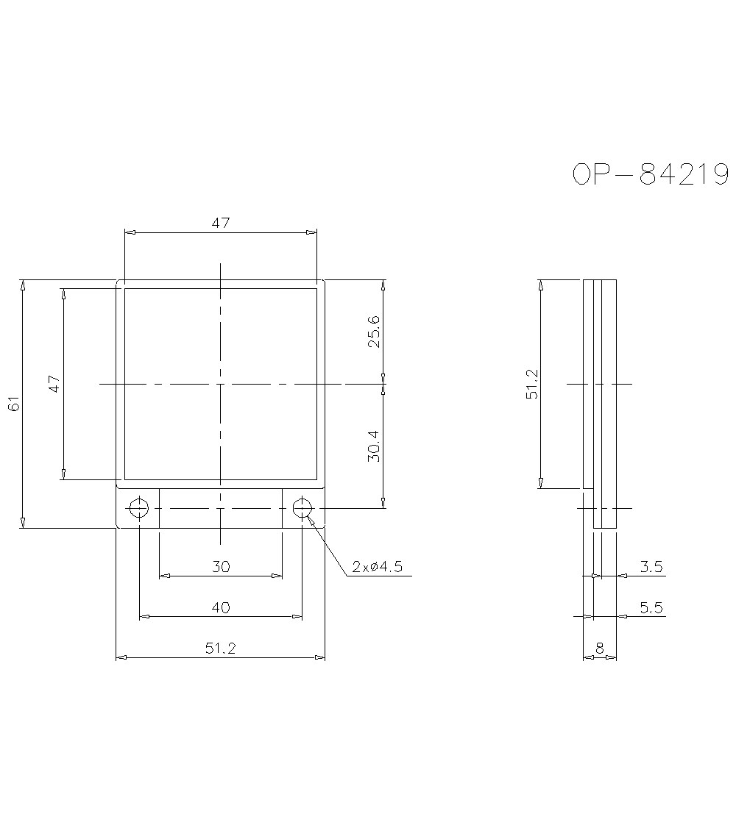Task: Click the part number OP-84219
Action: click(651, 174)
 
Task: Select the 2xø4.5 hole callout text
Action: click(378, 567)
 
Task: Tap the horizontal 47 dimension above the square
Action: click(221, 223)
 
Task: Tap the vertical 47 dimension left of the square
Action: click(54, 384)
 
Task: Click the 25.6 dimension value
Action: click(374, 332)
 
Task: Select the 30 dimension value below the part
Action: click(221, 567)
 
